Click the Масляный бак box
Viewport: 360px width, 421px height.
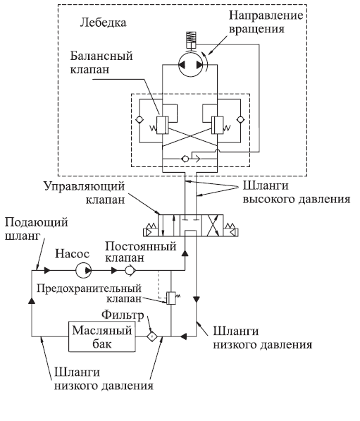click(102, 336)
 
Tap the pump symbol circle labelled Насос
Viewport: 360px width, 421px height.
click(83, 270)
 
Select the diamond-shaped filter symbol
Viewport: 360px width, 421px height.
click(152, 336)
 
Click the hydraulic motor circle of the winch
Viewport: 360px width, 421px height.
click(191, 65)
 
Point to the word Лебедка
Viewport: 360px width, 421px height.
click(104, 23)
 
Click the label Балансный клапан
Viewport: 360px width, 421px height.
click(101, 63)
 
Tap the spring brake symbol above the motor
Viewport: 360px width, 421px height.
click(191, 39)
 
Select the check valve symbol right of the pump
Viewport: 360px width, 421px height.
click(130, 270)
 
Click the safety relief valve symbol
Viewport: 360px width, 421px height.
click(171, 298)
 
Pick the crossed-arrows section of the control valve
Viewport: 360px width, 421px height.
click(212, 226)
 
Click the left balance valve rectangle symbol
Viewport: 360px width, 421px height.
click(162, 125)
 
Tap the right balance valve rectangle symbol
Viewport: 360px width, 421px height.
click(217, 125)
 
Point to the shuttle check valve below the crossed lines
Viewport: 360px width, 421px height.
click(185, 159)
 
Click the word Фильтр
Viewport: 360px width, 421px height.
click(123, 315)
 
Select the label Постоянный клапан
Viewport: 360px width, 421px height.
click(141, 252)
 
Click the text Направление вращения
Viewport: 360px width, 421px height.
click(266, 22)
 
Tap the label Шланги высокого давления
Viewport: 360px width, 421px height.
click(297, 193)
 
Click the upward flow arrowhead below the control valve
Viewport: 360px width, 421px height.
click(185, 253)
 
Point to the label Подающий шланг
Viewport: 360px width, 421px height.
click(36, 229)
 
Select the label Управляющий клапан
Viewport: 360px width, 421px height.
click(85, 193)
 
